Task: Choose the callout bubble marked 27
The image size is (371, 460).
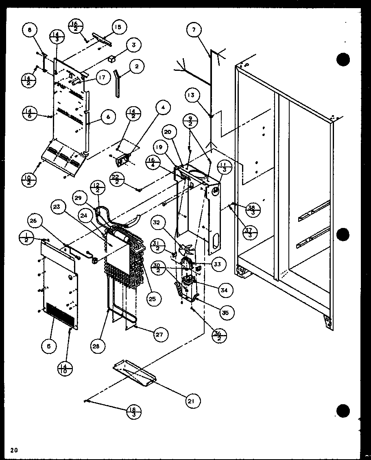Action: tap(160, 335)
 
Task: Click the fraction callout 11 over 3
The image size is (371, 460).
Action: tap(225, 166)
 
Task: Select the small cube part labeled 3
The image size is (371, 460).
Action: tap(110, 59)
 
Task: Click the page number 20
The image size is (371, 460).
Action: tap(14, 450)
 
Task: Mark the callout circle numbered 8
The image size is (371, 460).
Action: tap(30, 30)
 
